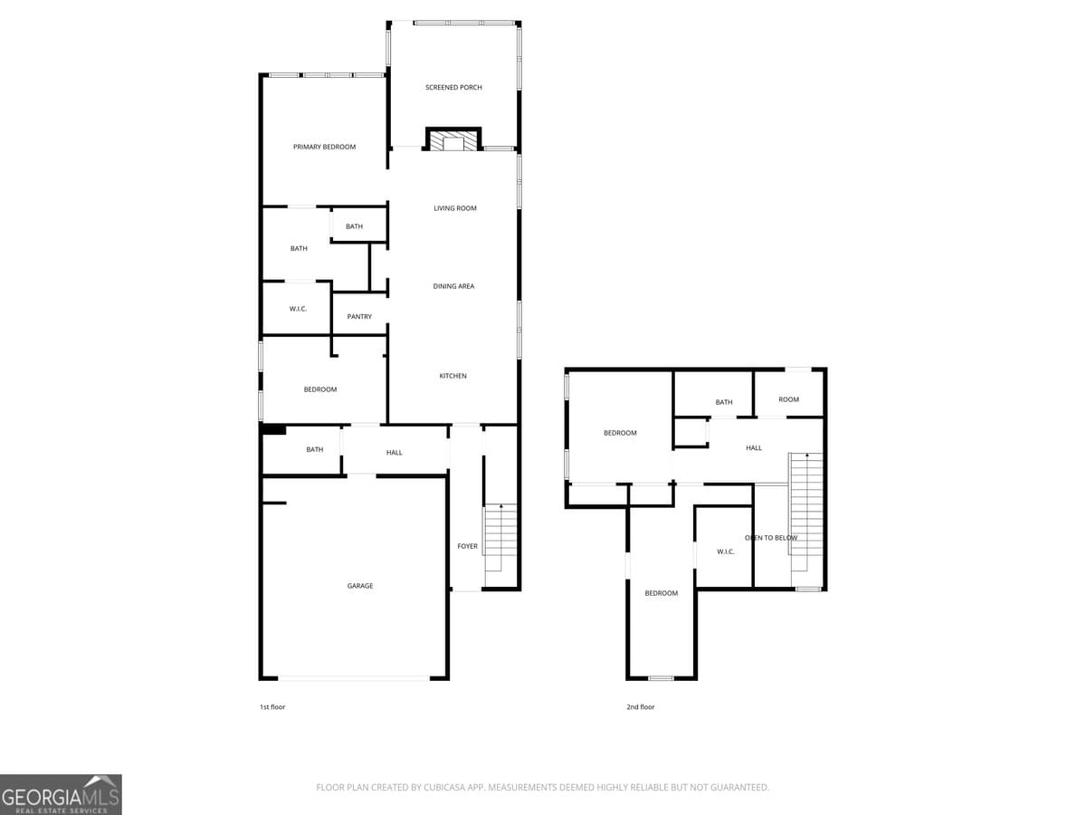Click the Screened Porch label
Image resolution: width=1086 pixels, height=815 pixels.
(453, 88)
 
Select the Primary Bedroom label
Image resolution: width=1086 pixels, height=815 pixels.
(324, 147)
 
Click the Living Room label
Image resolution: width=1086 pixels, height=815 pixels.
(454, 208)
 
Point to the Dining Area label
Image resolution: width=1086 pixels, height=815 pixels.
(453, 286)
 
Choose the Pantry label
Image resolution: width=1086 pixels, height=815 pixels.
(359, 317)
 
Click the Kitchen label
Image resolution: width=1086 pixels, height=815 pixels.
(452, 376)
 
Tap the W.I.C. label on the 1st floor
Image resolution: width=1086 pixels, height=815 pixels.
(298, 309)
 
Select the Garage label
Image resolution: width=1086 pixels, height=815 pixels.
(360, 586)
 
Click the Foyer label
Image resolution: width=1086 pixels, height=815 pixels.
(467, 546)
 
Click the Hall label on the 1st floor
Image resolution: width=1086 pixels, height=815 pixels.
(394, 453)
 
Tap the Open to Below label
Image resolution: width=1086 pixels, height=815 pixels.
(771, 538)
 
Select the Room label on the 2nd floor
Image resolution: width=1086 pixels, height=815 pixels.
(788, 399)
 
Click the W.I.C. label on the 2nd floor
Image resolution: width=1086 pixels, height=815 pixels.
(725, 551)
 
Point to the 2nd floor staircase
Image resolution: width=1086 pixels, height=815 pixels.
(806, 512)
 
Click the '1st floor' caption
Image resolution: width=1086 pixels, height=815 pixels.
(272, 707)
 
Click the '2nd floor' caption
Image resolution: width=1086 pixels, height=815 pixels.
(640, 707)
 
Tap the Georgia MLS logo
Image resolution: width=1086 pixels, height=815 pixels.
(61, 794)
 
